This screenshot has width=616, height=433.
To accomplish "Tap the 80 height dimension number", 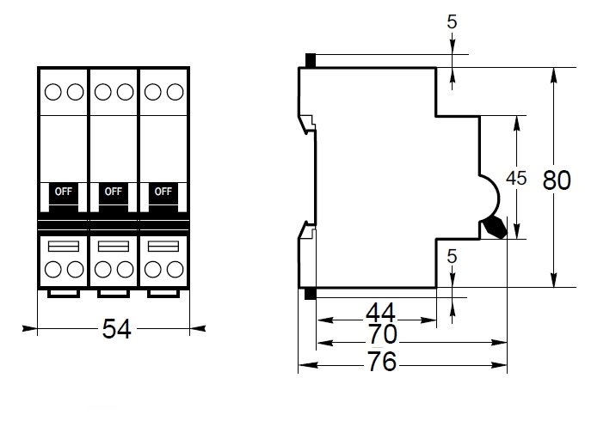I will pos(557,181).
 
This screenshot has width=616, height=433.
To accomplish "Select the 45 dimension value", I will pos(516,179).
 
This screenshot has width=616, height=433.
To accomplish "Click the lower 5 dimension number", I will pos(453,256).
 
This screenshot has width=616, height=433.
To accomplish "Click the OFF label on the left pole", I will pos(64,191).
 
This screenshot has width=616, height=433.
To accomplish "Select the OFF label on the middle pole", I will pos(113,191).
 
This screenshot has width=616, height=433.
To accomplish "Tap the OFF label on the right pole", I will pos(163,191).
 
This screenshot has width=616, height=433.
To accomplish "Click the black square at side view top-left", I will pos(311,61).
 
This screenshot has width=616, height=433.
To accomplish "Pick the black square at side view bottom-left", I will pos(311,294).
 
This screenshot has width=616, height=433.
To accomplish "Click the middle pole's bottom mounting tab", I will pos(114,294).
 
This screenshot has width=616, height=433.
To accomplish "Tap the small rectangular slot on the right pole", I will pos(163,247).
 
